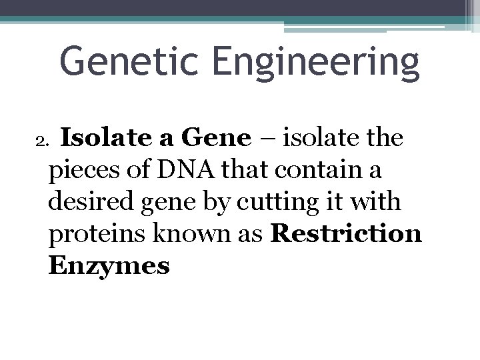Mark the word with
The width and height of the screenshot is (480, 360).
[x=377, y=202]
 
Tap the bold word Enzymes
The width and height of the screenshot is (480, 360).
[x=109, y=266]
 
